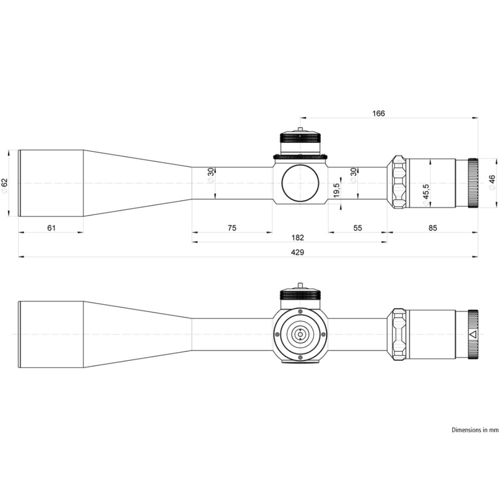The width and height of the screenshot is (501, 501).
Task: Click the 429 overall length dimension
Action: (297, 253)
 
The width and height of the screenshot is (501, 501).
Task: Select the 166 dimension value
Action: (379, 113)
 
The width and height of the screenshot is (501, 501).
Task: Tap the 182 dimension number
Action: (298, 237)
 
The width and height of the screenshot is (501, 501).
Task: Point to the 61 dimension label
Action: (52, 228)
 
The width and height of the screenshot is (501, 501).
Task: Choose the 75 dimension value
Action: (232, 228)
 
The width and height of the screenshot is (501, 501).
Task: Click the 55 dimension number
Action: (358, 228)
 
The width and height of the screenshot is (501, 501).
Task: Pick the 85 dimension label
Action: (433, 228)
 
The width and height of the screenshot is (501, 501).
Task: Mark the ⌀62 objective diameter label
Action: (4, 185)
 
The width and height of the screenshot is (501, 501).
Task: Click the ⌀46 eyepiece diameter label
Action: (492, 182)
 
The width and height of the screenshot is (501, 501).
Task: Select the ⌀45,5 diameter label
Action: (425, 194)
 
